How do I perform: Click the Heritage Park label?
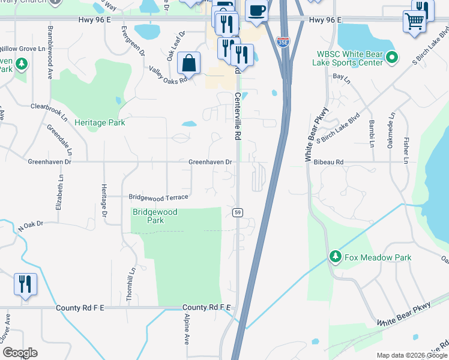click(100, 122)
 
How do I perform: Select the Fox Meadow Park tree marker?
click(335, 257)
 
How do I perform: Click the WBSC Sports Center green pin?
click(392, 58)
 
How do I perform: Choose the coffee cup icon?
click(257, 11)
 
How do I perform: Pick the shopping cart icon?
click(415, 22)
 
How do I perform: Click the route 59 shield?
click(238, 212)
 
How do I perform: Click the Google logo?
click(19, 353)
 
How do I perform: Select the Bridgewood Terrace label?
click(159, 197)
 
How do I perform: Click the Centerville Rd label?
click(238, 116)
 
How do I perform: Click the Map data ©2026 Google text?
click(412, 355)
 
